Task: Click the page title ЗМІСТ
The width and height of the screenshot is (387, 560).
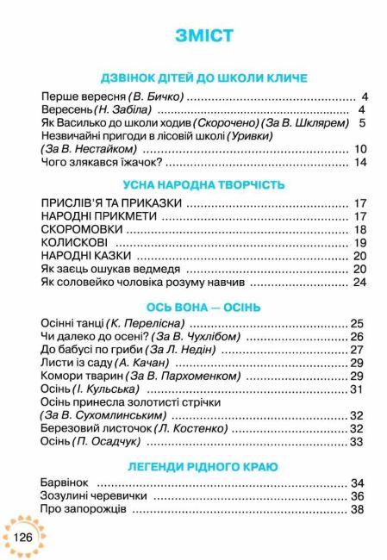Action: point(203,35)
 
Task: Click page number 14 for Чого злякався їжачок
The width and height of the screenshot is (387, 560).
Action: point(360,163)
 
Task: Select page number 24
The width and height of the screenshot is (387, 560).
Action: point(360,283)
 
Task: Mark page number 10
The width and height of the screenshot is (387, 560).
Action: point(360,149)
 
